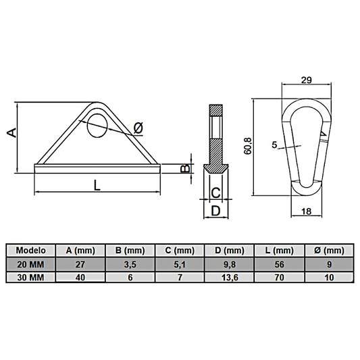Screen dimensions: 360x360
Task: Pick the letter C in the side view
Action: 215,193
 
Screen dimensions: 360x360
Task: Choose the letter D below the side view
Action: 215,211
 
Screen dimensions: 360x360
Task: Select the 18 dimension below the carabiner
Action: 308,211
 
